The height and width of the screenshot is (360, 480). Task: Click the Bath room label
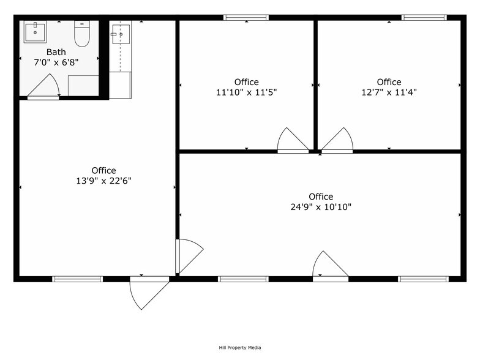[56, 52]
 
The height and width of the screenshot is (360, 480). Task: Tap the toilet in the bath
[82, 34]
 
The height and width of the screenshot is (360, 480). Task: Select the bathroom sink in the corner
[35, 31]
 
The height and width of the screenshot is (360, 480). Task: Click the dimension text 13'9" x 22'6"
[103, 181]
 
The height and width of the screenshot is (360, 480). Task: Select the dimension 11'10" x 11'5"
[246, 92]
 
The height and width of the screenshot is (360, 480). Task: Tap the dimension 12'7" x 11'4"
[389, 92]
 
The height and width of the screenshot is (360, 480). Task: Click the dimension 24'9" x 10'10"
[321, 207]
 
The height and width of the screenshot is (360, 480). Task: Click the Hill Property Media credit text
[240, 348]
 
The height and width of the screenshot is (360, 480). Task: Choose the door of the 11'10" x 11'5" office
[292, 141]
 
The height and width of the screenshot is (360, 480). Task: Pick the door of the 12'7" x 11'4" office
[338, 141]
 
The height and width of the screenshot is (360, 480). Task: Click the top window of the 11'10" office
[246, 18]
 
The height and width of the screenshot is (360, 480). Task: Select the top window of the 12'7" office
[424, 18]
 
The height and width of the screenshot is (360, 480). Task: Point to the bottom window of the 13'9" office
[77, 279]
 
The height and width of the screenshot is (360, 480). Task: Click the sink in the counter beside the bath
[120, 34]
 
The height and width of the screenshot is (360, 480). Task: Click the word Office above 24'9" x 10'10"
[321, 197]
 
